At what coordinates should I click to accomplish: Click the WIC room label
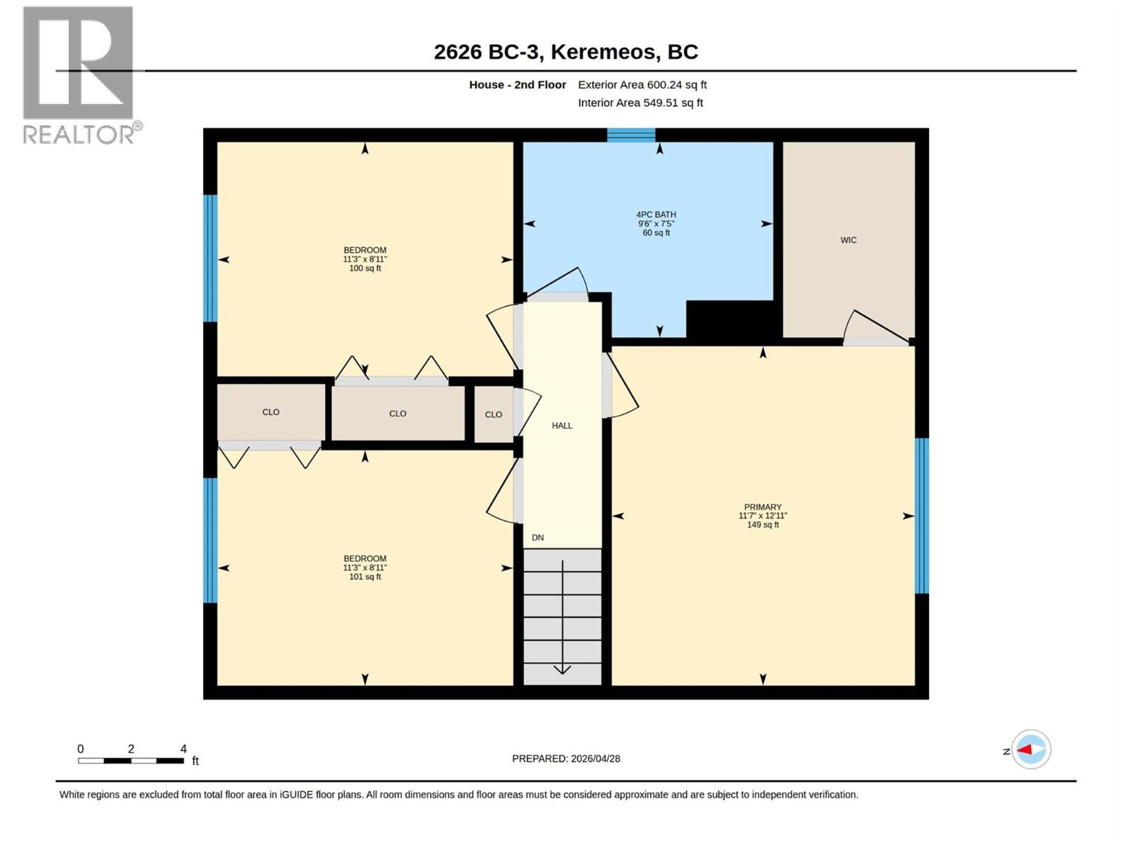pyautogui.click(x=848, y=240)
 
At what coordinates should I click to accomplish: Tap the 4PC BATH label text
pyautogui.click(x=656, y=215)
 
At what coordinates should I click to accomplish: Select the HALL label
pyautogui.click(x=562, y=426)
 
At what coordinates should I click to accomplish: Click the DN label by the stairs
pyautogui.click(x=537, y=538)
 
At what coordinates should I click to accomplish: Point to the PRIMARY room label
pyautogui.click(x=763, y=507)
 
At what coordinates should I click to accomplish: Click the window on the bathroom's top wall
pyautogui.click(x=631, y=135)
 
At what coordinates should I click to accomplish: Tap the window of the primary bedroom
pyautogui.click(x=921, y=516)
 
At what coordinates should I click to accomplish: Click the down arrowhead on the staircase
pyautogui.click(x=562, y=669)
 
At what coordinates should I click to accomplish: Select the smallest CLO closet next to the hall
pyautogui.click(x=494, y=414)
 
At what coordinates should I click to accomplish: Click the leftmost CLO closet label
pyautogui.click(x=271, y=412)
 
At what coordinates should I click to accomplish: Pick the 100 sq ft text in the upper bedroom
pyautogui.click(x=365, y=268)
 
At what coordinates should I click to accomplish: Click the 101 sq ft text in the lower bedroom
pyautogui.click(x=365, y=577)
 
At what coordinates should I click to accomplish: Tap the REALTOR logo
pyautogui.click(x=79, y=74)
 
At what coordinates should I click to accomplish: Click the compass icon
pyautogui.click(x=1030, y=749)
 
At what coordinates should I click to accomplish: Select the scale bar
pyautogui.click(x=131, y=761)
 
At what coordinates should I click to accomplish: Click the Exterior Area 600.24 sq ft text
pyautogui.click(x=642, y=85)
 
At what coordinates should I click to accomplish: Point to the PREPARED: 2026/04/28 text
pyautogui.click(x=566, y=759)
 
